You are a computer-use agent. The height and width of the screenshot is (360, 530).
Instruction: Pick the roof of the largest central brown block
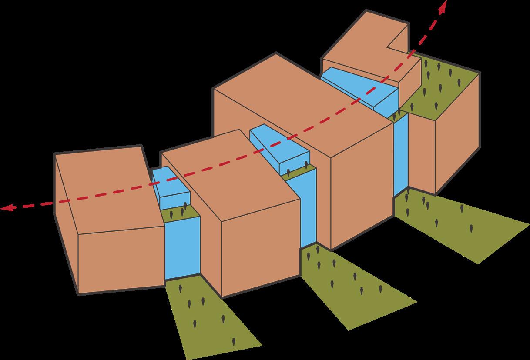(x=296, y=109)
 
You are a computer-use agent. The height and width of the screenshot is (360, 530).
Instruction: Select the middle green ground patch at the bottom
(x=348, y=278)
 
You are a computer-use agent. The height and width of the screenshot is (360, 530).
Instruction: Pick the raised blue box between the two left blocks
(x=174, y=196)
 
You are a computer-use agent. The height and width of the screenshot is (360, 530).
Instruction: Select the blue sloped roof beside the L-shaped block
(x=361, y=85)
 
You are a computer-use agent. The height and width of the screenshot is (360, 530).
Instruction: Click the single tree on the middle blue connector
(x=307, y=165)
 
